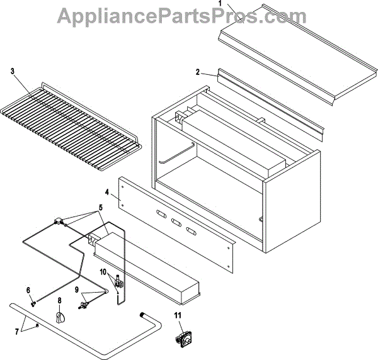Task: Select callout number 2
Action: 197,72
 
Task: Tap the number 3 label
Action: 13,70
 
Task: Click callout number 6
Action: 28,290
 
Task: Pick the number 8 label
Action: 60,300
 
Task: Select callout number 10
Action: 103,272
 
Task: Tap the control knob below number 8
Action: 60,319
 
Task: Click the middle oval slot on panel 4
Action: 178,224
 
